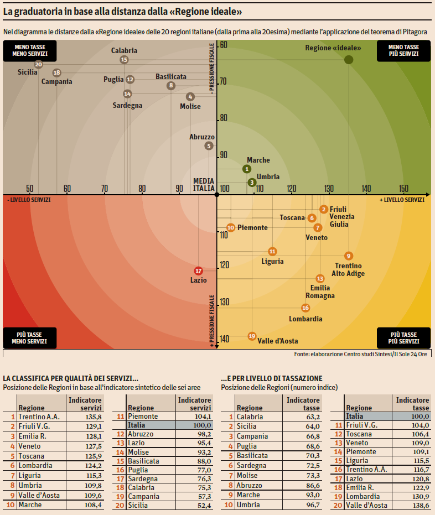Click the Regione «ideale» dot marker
click(349, 60)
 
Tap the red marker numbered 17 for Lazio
click(198, 270)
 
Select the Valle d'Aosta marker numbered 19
click(252, 336)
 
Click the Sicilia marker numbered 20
click(38, 64)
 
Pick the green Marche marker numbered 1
click(247, 169)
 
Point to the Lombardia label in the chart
click(305, 319)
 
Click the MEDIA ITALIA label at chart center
click(204, 184)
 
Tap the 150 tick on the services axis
click(403, 189)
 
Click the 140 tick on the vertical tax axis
click(225, 339)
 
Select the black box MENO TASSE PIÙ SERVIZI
click(403, 50)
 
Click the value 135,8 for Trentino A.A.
click(92, 417)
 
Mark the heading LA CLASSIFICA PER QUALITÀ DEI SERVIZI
click(70, 378)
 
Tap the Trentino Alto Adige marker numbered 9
click(348, 256)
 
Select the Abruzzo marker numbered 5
click(209, 146)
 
